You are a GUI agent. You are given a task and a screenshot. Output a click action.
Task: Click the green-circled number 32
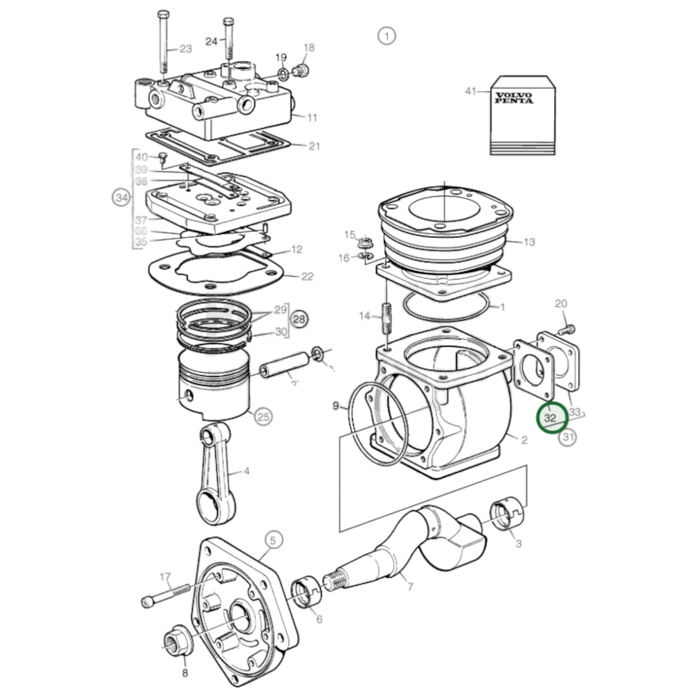550,418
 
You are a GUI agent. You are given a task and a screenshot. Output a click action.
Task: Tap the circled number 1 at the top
386,36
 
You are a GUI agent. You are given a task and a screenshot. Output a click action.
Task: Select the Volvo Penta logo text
513,98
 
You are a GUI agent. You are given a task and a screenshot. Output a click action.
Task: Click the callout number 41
470,91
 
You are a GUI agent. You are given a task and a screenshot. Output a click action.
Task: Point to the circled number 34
122,198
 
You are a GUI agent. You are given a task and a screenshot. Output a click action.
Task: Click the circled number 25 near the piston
263,416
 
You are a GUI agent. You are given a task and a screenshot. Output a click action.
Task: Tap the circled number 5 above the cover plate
273,541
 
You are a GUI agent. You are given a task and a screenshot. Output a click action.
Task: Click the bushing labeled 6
304,594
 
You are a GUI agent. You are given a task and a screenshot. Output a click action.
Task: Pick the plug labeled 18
302,71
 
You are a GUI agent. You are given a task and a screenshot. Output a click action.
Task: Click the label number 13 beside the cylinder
529,242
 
